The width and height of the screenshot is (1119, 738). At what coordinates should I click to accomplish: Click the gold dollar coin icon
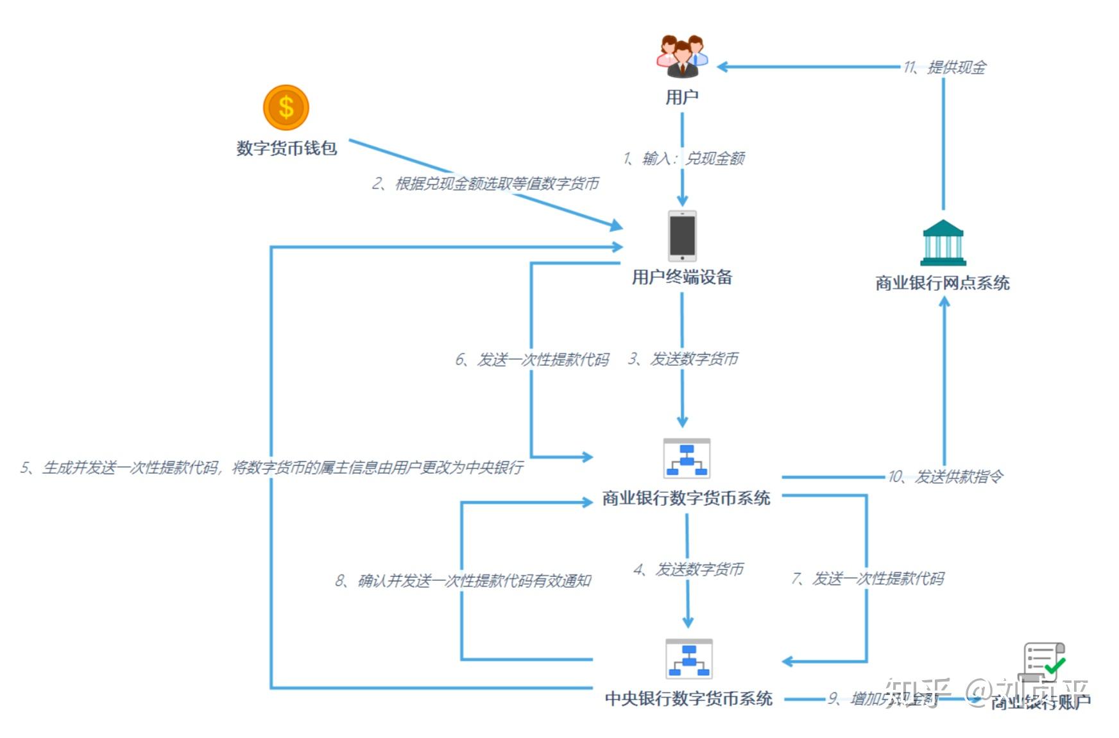click(286, 107)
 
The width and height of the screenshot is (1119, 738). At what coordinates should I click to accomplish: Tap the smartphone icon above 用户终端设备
click(682, 236)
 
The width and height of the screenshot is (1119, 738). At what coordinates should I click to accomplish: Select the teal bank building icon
click(943, 243)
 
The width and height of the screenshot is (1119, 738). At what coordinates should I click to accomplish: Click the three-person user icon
click(682, 56)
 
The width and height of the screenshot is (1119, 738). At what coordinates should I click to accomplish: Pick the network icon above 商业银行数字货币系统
click(687, 458)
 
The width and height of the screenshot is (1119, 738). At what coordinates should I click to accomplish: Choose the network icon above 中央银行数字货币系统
click(688, 658)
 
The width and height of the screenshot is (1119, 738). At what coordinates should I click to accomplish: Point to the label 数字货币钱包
click(286, 148)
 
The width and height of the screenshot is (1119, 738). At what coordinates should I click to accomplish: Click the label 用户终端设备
click(682, 277)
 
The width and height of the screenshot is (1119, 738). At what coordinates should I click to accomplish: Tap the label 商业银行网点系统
click(943, 283)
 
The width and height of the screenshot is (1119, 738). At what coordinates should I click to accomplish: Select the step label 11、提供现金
click(944, 67)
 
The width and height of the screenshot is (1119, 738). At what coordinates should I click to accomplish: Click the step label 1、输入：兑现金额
click(684, 158)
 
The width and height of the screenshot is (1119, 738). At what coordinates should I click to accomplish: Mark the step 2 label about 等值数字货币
click(485, 184)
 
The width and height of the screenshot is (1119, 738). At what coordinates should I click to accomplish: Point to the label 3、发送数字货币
click(683, 358)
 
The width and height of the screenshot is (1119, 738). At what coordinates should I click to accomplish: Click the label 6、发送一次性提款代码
click(532, 359)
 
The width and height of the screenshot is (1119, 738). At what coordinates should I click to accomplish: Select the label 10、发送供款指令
click(945, 476)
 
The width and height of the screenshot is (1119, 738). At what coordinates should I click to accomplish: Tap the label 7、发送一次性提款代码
click(867, 578)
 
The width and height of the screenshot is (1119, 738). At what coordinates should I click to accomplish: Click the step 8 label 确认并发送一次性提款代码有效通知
click(463, 581)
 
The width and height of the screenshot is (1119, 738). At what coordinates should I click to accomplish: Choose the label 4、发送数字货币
click(688, 569)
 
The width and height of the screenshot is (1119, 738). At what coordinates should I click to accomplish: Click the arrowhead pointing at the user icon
click(722, 67)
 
